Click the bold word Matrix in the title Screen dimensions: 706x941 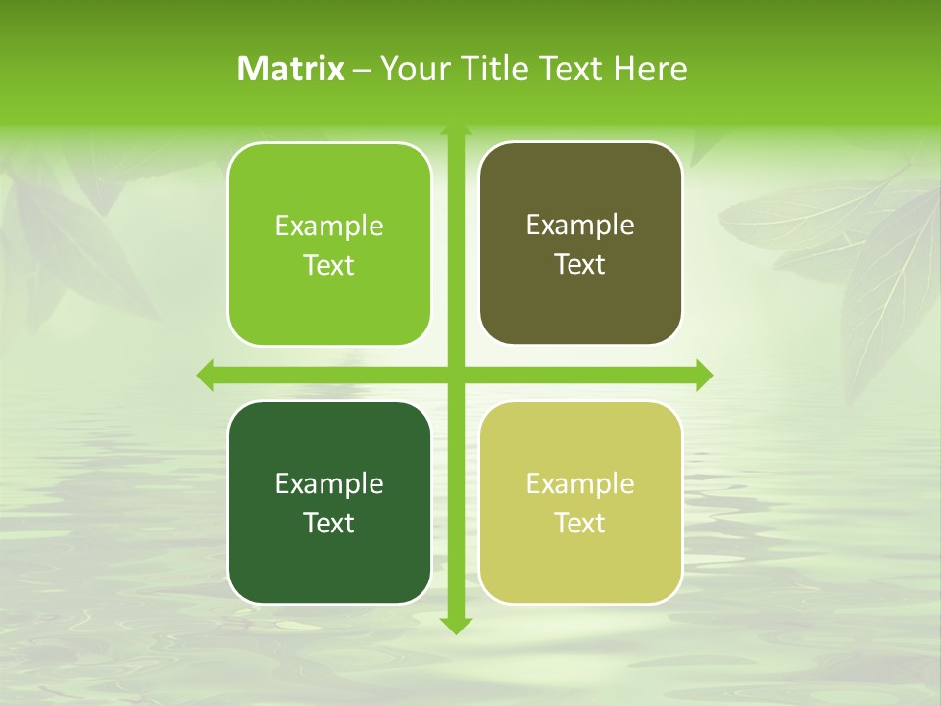pos(291,69)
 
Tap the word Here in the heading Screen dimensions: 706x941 pos(650,69)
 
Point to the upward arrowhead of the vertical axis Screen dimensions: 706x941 pos(456,129)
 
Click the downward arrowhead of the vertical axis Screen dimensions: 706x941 pos(456,625)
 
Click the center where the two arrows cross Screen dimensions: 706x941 pos(456,375)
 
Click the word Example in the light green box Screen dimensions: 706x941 pos(329,227)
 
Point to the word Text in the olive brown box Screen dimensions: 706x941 pos(580,265)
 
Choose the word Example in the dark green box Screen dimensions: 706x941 pos(329,484)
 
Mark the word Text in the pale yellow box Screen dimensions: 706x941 pos(580,523)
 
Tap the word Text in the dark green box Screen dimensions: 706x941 pos(329,523)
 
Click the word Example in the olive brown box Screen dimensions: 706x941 pos(580,226)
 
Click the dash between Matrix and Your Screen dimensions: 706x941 pos(362,70)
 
